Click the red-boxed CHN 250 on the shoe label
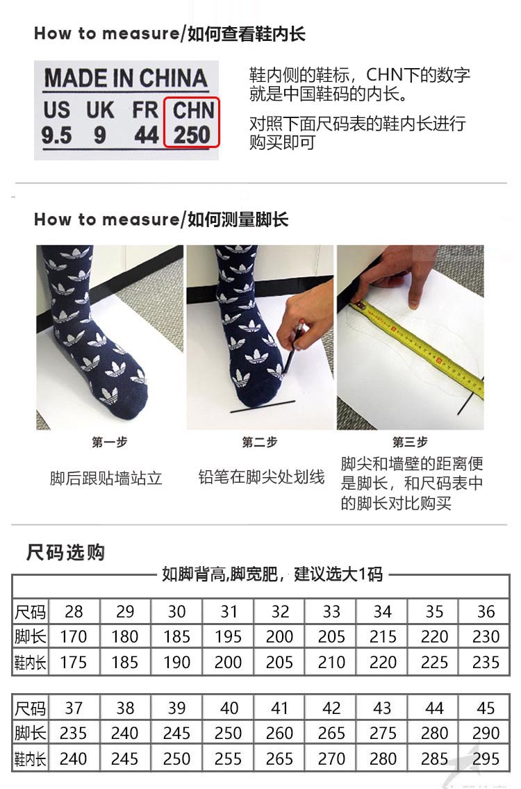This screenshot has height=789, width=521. [192, 123]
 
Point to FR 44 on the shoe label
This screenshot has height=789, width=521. [146, 123]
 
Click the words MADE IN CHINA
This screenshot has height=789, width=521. [126, 78]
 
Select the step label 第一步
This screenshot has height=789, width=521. [109, 442]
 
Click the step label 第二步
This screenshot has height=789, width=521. [260, 442]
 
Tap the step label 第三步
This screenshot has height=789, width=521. [410, 442]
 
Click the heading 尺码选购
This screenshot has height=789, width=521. [66, 553]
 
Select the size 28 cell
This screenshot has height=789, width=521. [74, 612]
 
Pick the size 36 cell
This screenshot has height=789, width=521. [486, 612]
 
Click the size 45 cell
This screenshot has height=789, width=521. [486, 708]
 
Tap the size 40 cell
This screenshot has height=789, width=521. [229, 708]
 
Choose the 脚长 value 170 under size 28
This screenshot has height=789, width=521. [74, 637]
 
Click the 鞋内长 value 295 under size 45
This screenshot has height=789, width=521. [486, 758]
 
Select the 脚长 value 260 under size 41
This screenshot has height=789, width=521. [280, 733]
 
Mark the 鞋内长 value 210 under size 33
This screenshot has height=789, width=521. [331, 663]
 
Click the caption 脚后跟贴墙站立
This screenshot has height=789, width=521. [106, 479]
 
